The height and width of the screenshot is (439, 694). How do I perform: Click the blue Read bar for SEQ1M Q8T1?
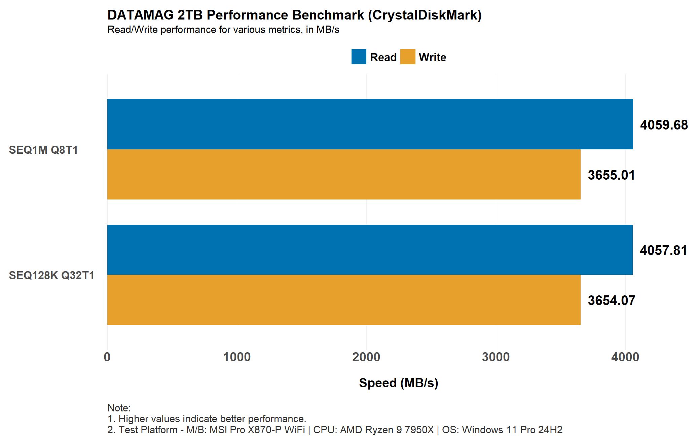(x=370, y=124)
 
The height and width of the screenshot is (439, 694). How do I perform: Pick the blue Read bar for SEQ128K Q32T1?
(x=370, y=250)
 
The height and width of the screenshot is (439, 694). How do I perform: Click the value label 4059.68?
(x=663, y=125)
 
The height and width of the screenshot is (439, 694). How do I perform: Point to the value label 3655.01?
(x=611, y=175)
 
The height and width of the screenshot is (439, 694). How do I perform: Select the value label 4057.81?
(x=663, y=251)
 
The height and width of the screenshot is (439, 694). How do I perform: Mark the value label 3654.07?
(x=611, y=301)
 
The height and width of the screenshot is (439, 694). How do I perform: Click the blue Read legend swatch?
(x=359, y=57)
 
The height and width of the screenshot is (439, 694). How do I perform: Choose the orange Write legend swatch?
(x=407, y=57)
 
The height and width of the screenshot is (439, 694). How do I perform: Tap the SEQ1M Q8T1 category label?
(x=43, y=150)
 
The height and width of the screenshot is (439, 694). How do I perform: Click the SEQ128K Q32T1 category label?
(x=51, y=276)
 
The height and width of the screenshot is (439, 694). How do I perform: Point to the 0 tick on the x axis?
(x=107, y=357)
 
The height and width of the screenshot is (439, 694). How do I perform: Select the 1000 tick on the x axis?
(x=237, y=357)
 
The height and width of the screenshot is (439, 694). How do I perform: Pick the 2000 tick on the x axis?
(x=366, y=357)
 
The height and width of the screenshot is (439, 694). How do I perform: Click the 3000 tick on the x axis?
(x=496, y=357)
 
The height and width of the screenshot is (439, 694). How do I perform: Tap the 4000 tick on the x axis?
(x=625, y=357)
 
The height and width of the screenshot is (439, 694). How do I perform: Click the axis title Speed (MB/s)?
(x=398, y=383)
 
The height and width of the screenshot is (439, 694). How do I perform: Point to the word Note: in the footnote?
(x=119, y=408)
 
